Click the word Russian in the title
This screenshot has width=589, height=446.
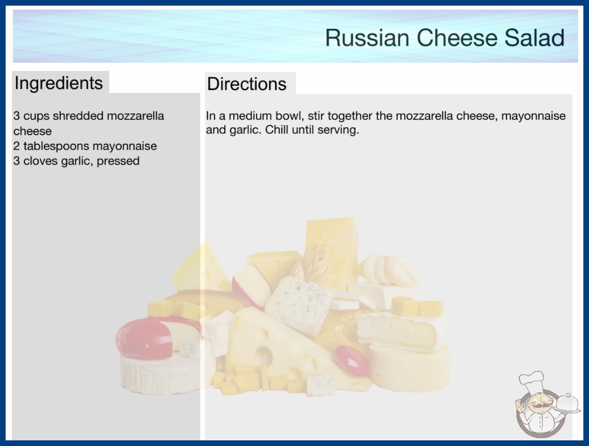[367, 38]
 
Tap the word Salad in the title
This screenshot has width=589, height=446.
[534, 38]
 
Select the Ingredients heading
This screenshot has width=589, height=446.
[59, 83]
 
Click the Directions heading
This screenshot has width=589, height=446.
[247, 84]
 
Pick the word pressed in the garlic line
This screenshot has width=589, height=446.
[118, 161]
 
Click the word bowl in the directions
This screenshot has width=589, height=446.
[291, 116]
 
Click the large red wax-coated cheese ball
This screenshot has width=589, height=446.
[144, 339]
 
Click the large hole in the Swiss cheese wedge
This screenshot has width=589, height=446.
[265, 355]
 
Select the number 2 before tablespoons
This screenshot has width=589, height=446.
[16, 146]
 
